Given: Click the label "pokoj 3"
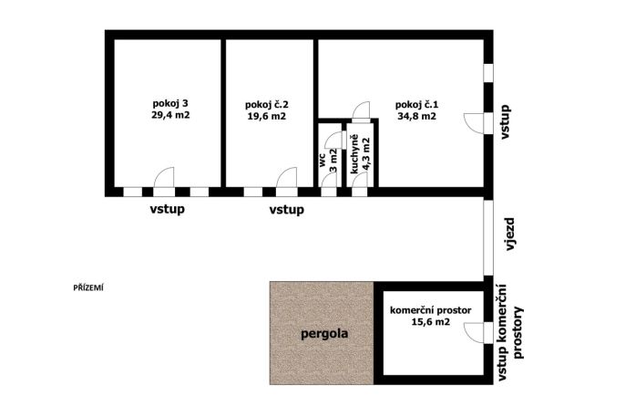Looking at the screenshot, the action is tap(170, 104).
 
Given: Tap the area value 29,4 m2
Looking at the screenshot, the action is tap(170, 115).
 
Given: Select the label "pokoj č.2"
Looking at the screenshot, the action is tap(267, 105).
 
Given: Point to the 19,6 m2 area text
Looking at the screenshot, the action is tap(267, 117).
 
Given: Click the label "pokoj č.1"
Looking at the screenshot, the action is tap(416, 105).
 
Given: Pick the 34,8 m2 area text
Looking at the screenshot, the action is tap(416, 117).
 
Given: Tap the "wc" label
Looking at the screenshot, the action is tap(323, 159).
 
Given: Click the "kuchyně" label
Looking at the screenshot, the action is tap(353, 154).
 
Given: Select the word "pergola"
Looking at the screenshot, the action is tap(324, 334).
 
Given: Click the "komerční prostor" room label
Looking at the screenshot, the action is tap(430, 310).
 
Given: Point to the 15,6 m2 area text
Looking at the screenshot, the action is tap(430, 321).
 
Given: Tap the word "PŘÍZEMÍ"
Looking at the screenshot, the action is tap(88, 287).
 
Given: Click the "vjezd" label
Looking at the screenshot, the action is tap(510, 235).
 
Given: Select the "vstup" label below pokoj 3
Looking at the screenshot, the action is tap(167, 209).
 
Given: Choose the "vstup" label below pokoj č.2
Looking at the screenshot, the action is tap(287, 209).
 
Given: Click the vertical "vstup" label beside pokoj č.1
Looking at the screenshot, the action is tap(505, 121).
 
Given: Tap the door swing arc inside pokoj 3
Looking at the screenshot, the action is tap(160, 172).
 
